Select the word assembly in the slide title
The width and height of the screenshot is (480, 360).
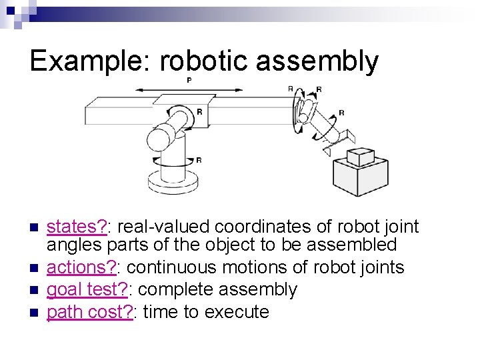(317, 62)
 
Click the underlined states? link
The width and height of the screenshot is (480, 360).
(77, 227)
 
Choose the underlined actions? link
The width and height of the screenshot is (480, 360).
(81, 268)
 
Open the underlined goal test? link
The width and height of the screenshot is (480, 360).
(87, 290)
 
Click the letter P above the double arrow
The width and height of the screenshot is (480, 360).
(189, 81)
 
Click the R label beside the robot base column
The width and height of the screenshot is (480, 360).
(199, 160)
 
